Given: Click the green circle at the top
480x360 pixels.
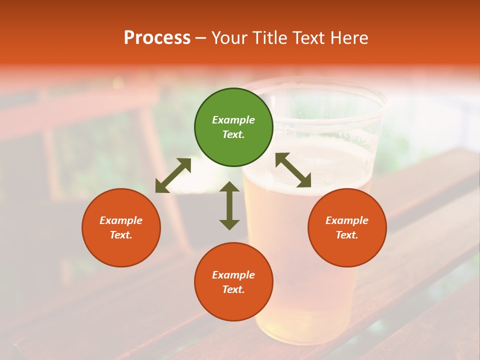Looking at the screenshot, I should (x=233, y=127).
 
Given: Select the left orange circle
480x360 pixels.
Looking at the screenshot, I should (x=121, y=227).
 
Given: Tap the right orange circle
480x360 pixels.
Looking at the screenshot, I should (x=347, y=227).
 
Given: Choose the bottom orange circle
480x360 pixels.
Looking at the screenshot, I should (x=233, y=281).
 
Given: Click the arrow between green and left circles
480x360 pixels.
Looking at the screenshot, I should (x=173, y=175).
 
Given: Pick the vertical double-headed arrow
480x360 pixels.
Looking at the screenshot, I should (x=229, y=205).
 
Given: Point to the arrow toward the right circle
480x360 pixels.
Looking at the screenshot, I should (x=293, y=170).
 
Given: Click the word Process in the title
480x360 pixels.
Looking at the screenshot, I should (x=157, y=38).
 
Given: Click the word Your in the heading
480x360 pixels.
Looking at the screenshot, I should (x=229, y=38).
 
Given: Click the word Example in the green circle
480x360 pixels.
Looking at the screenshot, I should (x=233, y=120).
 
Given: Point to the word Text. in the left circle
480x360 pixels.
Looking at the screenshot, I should (x=121, y=235).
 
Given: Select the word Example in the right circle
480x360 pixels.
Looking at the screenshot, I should (x=347, y=220).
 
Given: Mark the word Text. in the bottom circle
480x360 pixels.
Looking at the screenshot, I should (x=233, y=289).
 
